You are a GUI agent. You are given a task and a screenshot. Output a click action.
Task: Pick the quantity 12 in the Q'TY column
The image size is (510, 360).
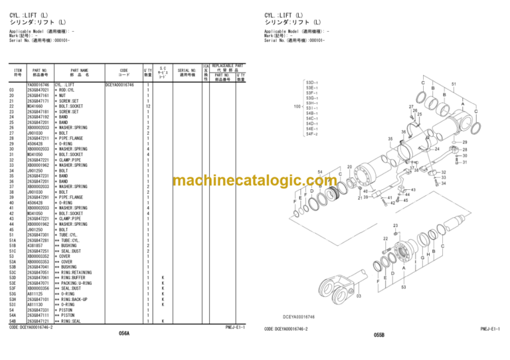point(148,106)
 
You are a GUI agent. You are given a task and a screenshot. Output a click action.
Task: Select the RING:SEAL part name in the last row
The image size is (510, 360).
point(70,321)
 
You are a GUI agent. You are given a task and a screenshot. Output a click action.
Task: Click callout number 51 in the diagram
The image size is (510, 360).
point(454,84)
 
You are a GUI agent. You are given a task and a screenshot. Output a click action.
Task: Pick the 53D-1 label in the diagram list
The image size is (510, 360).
point(311,82)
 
